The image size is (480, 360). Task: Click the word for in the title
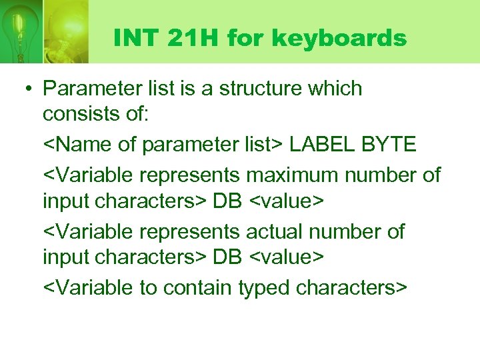(x=243, y=39)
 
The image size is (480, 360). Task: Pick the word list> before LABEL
(x=266, y=143)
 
